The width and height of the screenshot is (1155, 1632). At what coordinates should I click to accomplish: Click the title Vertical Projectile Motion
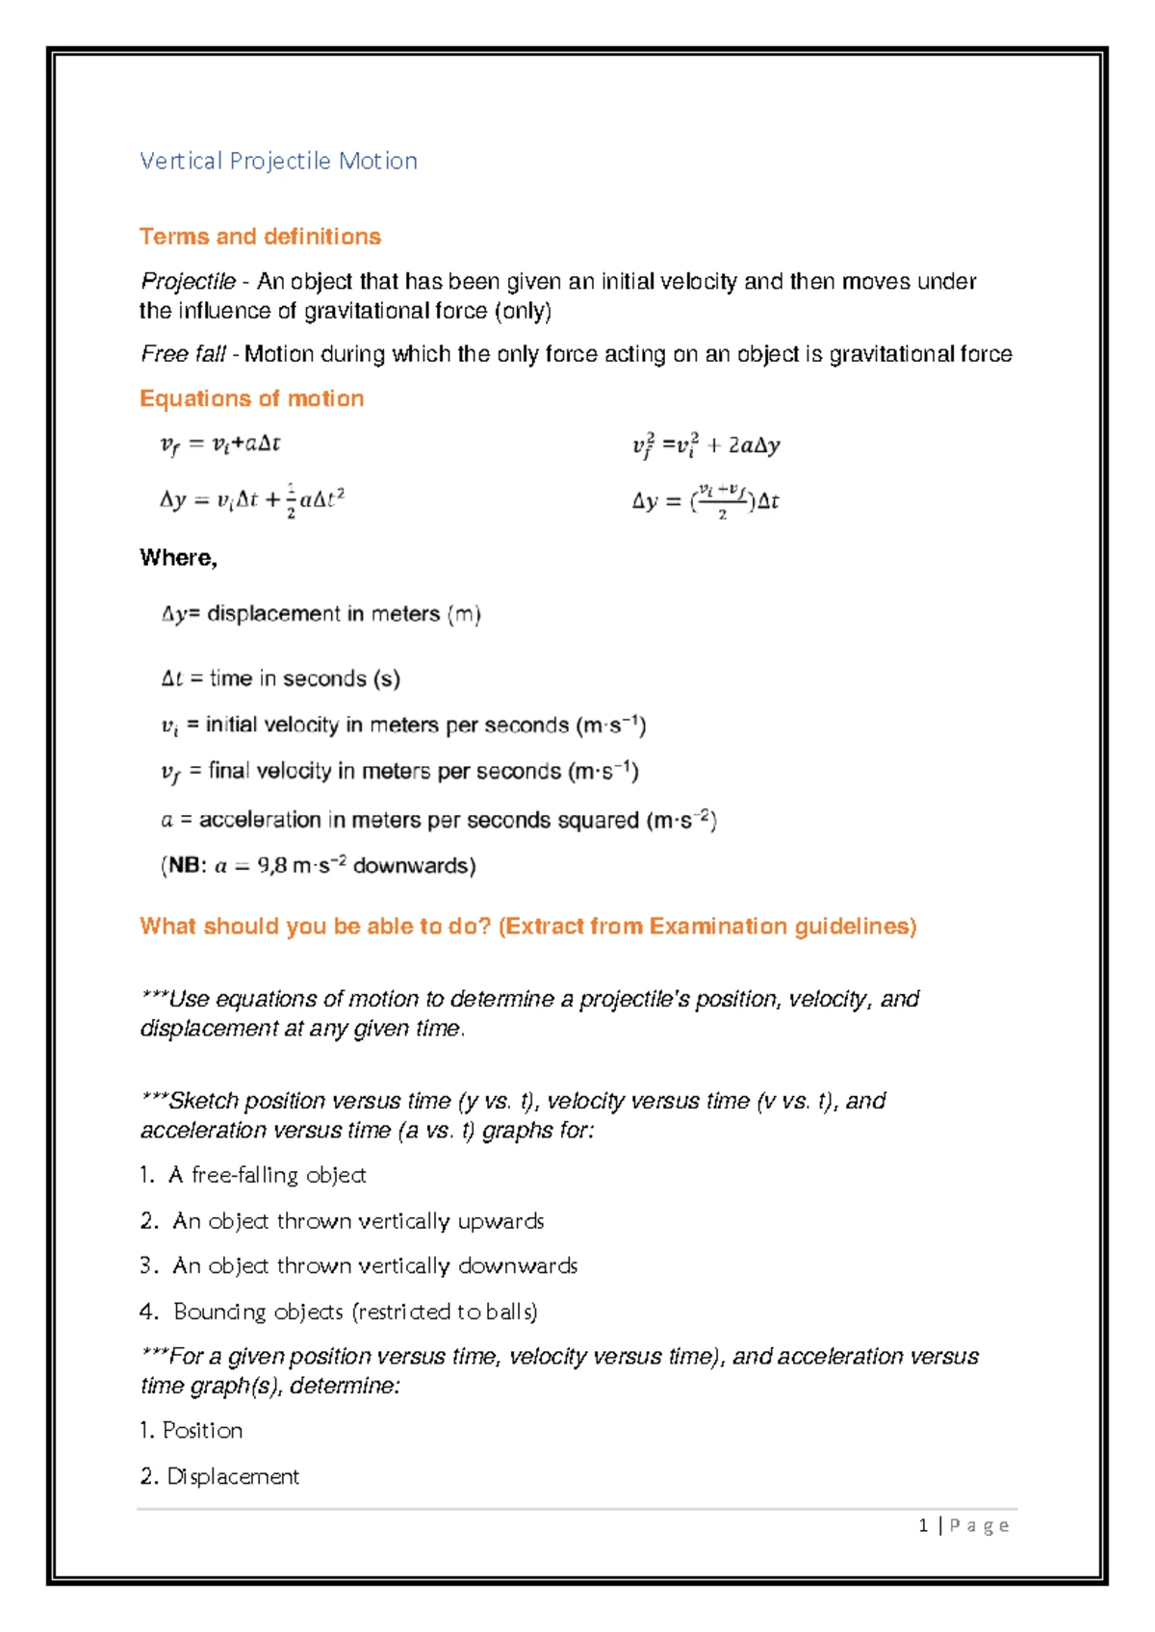pyautogui.click(x=278, y=161)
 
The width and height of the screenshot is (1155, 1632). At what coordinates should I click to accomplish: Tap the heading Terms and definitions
pyautogui.click(x=260, y=237)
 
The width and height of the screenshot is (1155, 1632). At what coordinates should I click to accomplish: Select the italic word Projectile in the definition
pyautogui.click(x=188, y=282)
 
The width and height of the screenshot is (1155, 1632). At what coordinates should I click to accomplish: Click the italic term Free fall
pyautogui.click(x=183, y=354)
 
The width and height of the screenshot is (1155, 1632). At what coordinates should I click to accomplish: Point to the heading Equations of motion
pyautogui.click(x=251, y=398)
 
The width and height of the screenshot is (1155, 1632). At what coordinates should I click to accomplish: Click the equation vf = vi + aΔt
pyautogui.click(x=220, y=445)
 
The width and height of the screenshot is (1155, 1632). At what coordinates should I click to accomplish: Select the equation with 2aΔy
pyautogui.click(x=706, y=446)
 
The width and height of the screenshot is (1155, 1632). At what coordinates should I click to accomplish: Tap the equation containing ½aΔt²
pyautogui.click(x=252, y=500)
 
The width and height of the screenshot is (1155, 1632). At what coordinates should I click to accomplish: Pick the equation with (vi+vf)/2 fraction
pyautogui.click(x=706, y=500)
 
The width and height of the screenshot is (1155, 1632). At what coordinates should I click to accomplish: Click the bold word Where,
pyautogui.click(x=178, y=558)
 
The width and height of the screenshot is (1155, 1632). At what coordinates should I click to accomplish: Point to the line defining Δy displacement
pyautogui.click(x=321, y=614)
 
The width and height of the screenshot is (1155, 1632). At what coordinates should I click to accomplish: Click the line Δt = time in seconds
pyautogui.click(x=280, y=678)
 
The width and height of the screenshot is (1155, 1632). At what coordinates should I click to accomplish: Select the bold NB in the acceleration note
pyautogui.click(x=184, y=866)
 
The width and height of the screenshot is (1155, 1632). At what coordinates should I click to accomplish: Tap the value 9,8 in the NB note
pyautogui.click(x=271, y=866)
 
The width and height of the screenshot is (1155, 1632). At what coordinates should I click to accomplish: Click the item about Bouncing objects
pyautogui.click(x=354, y=1312)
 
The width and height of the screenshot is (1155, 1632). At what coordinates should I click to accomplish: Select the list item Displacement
pyautogui.click(x=232, y=1476)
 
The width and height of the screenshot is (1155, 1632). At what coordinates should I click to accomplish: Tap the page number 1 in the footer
pyautogui.click(x=923, y=1525)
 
